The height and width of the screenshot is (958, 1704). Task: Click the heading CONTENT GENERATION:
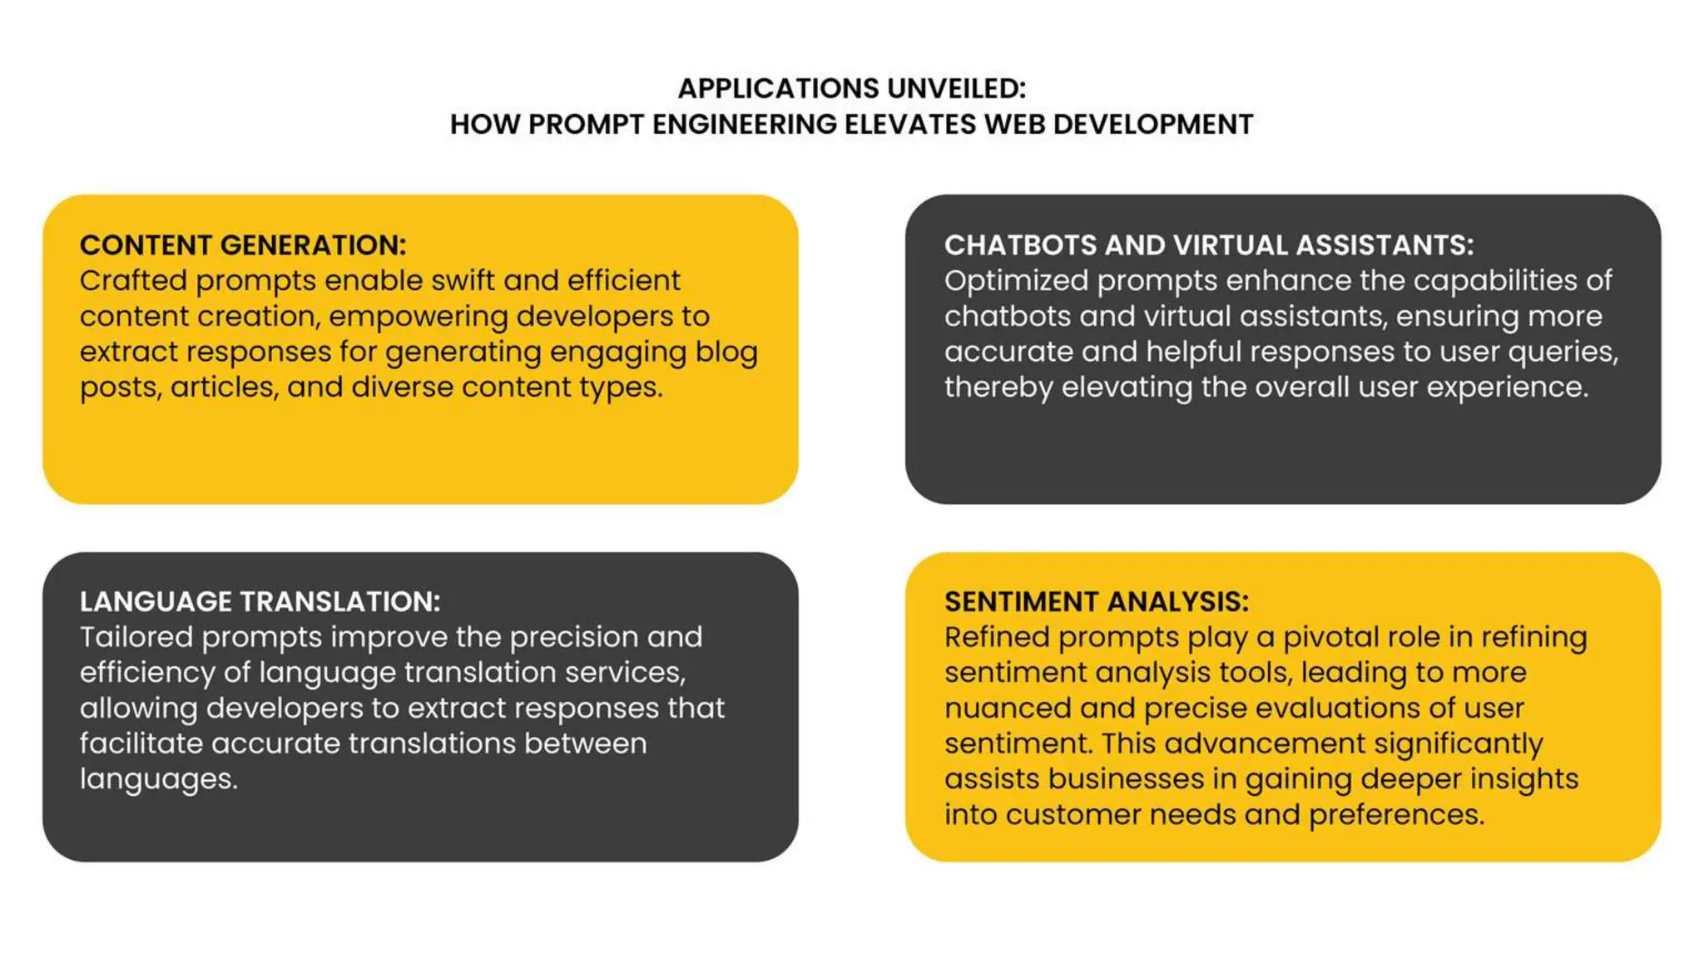click(x=243, y=245)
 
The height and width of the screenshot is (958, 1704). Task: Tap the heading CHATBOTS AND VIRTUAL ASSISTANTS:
click(x=1208, y=245)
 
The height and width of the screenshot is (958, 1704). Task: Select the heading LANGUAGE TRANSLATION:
click(x=260, y=602)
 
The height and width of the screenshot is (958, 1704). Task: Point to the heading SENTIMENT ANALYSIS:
click(x=1096, y=602)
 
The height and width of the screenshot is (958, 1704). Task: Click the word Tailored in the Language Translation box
click(x=136, y=638)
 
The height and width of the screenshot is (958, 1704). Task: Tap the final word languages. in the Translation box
click(x=158, y=780)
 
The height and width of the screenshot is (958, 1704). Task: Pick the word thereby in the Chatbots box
click(x=998, y=388)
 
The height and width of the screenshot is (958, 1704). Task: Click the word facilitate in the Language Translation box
click(x=141, y=744)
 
